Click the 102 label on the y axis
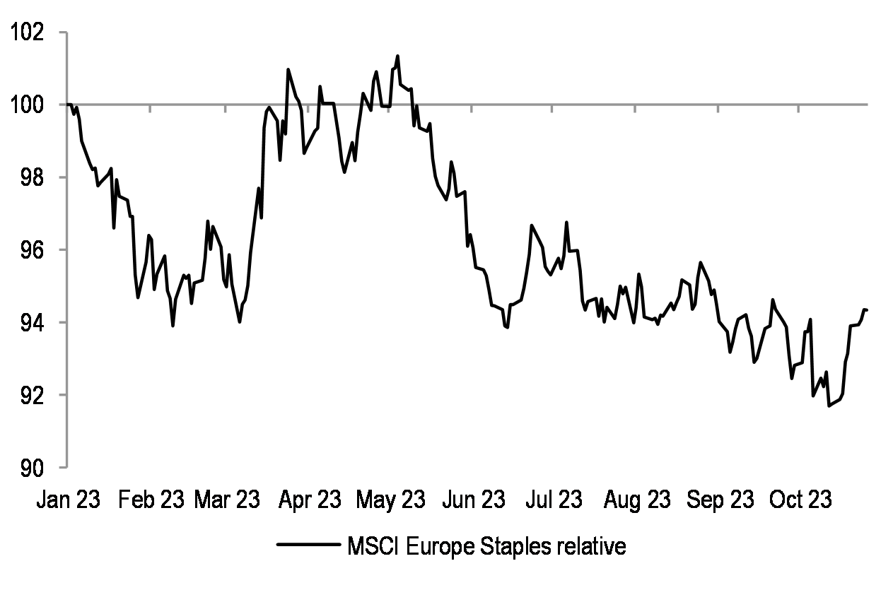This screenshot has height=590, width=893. [x=26, y=33]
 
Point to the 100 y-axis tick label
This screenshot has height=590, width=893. [x=26, y=105]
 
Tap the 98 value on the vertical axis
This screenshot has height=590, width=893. [x=32, y=178]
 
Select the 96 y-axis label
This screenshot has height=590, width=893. [x=32, y=250]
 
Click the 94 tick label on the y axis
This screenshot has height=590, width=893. [x=32, y=323]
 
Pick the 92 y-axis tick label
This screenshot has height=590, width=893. [x=32, y=395]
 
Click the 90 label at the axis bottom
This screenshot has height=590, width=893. [x=32, y=467]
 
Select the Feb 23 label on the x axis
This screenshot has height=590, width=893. [x=151, y=500]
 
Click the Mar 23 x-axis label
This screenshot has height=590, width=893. [x=226, y=500]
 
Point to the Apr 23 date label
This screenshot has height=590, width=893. [x=310, y=500]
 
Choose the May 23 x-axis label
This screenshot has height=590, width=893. [x=390, y=500]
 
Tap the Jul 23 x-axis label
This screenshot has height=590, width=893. [x=554, y=500]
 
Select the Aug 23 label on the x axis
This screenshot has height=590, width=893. [x=637, y=500]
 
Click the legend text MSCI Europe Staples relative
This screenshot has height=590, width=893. [x=486, y=547]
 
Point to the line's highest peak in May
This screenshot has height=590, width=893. [x=397, y=56]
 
